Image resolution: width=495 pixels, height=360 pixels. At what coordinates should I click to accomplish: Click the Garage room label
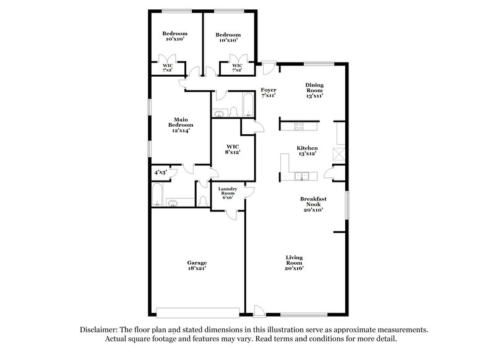pyautogui.click(x=197, y=262)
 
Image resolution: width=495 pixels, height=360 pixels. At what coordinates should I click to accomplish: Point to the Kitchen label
pyautogui.click(x=307, y=148)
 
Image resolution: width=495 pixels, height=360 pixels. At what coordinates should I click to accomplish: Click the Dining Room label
pyautogui.click(x=314, y=88)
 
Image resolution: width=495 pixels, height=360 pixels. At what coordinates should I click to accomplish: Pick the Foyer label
pyautogui.click(x=268, y=90)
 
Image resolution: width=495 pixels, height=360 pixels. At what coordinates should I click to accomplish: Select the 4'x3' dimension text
pyautogui.click(x=160, y=173)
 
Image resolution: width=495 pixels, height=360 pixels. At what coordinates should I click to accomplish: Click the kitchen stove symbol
pyautogui.click(x=299, y=126)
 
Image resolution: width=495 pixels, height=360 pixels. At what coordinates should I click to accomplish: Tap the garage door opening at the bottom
pyautogui.click(x=197, y=312)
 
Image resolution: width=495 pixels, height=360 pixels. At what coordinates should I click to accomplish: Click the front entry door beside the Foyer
pyautogui.click(x=268, y=67)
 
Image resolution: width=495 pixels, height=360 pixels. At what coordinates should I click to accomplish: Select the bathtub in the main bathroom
pyautogui.click(x=157, y=195)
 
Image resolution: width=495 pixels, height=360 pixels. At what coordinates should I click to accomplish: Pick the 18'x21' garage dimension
pyautogui.click(x=197, y=268)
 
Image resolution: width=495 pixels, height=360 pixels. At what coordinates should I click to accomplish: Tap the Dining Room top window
pyautogui.click(x=319, y=63)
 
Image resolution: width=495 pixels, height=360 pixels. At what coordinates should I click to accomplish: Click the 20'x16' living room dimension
pyautogui.click(x=294, y=268)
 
